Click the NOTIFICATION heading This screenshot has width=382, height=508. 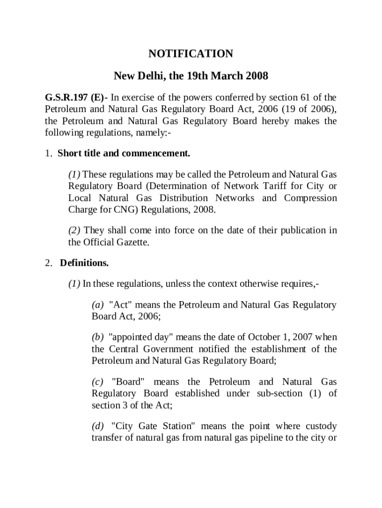coord(191,54)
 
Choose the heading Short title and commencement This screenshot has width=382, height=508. coord(124,153)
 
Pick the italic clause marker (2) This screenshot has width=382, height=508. coord(75,230)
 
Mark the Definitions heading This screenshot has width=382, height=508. coord(84,262)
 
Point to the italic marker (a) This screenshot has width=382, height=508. coord(98,305)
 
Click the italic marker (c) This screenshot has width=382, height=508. coord(98,381)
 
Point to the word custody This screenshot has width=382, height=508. coord(320,426)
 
